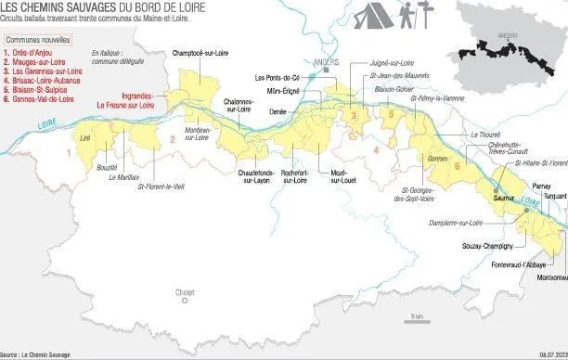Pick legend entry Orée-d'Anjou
[x=30, y=54]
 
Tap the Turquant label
[x=553, y=198]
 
